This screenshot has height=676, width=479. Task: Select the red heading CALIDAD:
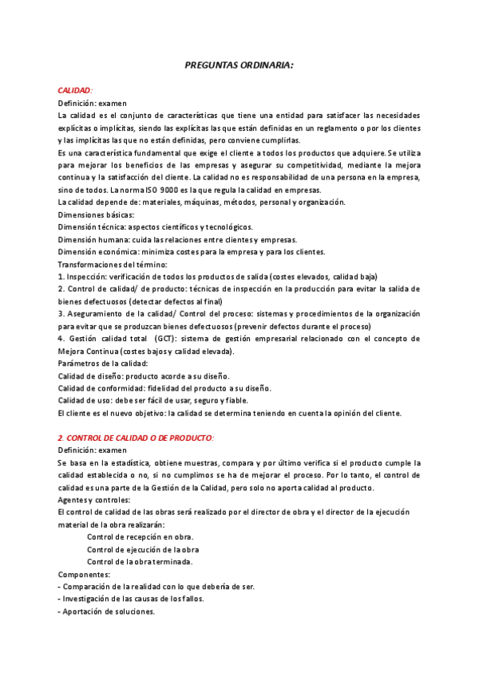pos(75,91)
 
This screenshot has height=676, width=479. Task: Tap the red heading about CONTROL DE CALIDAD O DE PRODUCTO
pos(136,438)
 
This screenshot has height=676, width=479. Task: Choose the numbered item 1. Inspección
pos(217,277)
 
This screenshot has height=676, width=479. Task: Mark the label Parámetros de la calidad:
pos(103,364)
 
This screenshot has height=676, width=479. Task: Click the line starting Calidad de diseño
pos(144,375)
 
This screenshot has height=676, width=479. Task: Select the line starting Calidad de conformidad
pos(164,388)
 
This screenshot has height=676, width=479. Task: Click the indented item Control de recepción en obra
pos(140,537)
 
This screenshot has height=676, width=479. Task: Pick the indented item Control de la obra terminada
pos(140,561)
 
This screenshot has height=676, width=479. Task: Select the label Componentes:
pos(85,574)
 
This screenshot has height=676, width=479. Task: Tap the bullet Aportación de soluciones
pos(107,611)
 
